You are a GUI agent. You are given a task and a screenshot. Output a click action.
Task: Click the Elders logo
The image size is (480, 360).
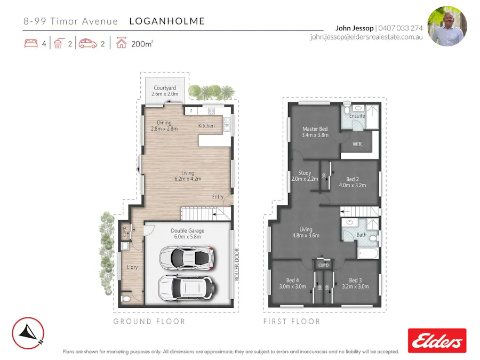click(437, 340)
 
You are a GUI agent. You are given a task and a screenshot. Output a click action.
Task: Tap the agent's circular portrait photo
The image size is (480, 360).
click(447, 26)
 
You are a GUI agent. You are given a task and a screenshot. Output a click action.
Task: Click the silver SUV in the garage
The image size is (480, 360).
click(187, 289)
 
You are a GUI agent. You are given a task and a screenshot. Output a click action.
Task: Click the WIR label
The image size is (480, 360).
click(358, 144)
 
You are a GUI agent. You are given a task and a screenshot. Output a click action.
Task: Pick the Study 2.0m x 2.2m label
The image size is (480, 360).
click(305, 176)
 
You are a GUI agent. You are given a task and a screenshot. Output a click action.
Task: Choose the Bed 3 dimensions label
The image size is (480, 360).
click(355, 286)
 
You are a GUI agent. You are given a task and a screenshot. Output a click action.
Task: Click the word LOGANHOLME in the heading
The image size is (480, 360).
click(167, 21)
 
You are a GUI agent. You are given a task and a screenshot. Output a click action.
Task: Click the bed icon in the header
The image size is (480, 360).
click(31, 44)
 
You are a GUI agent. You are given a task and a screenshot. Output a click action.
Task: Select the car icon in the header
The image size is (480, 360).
click(87, 44)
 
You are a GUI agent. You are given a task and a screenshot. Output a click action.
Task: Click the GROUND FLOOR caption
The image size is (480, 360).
click(149, 322)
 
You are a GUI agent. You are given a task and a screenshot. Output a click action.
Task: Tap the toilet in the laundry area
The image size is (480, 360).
click(125, 299)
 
